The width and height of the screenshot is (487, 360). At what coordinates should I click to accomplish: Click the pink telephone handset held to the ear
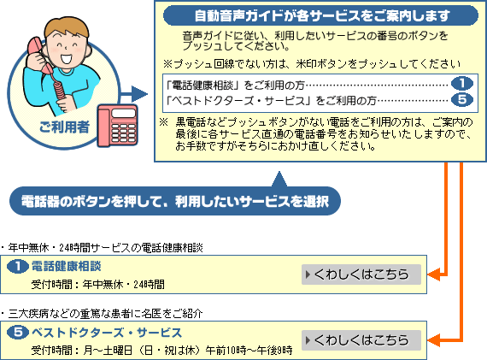[x=38, y=56]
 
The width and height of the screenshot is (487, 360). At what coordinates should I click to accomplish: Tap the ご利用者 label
[x=64, y=127]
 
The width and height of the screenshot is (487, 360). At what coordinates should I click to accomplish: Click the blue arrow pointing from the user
[x=134, y=94]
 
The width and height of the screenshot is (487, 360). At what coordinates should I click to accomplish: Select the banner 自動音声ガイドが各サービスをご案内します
[x=320, y=15]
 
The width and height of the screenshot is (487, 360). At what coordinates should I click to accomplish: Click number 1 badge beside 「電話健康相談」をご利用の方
[x=462, y=83]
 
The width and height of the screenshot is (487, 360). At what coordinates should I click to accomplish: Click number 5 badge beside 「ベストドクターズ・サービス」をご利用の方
[x=462, y=99]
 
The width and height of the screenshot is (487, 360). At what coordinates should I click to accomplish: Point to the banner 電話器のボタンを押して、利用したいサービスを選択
[x=175, y=201]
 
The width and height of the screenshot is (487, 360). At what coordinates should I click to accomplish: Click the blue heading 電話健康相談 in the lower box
[x=67, y=267]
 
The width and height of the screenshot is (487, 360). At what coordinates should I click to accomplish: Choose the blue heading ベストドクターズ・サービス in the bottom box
[x=107, y=333]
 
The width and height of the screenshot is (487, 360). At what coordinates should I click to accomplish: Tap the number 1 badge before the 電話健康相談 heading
[x=18, y=267]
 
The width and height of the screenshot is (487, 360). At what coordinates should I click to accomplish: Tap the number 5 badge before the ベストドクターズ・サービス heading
[x=18, y=333]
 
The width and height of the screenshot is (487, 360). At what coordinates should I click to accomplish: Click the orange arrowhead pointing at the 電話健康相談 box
[x=433, y=274]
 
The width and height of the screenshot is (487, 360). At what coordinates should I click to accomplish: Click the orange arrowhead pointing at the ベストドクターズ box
[x=433, y=339]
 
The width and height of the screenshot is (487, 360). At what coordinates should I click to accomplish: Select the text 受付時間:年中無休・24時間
[x=98, y=284]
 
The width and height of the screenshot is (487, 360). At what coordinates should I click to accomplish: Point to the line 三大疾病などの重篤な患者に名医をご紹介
[x=106, y=313]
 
